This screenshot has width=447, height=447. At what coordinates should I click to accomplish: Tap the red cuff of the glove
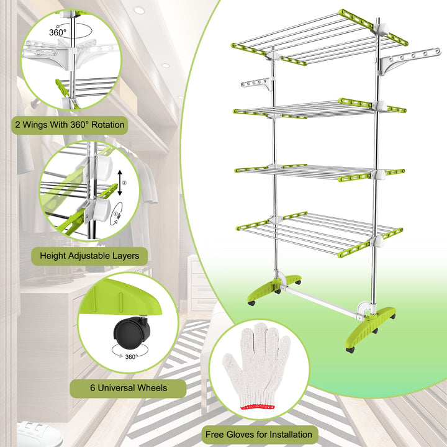[x=258, y=407]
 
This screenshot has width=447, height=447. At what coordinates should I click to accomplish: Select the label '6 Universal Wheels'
[x=129, y=388]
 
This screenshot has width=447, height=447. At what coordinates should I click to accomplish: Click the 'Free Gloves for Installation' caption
[x=258, y=435]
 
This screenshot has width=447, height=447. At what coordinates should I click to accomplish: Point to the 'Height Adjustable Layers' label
[x=89, y=256]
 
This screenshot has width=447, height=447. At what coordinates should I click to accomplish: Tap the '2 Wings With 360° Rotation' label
[x=70, y=125]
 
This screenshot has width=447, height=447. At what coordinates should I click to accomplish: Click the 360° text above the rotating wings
[x=58, y=32]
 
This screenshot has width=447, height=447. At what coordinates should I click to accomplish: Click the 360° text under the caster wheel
[x=131, y=356]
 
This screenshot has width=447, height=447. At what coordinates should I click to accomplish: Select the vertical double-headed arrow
[x=120, y=183]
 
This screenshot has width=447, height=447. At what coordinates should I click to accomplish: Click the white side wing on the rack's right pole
[x=409, y=61]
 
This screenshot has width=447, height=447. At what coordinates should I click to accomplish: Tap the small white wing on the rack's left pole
[x=257, y=84]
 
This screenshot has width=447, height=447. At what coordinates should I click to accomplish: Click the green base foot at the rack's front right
[x=370, y=328]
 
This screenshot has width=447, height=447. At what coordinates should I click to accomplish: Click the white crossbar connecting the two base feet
[x=321, y=302]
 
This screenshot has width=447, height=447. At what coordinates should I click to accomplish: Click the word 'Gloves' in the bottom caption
[x=241, y=435]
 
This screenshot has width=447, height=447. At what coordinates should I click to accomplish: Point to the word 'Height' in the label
[x=53, y=256]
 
